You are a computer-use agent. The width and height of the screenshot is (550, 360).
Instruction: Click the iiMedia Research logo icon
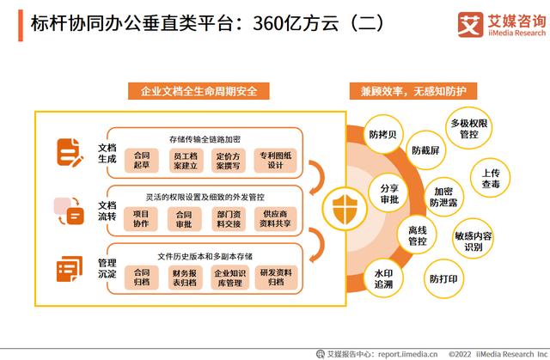[x=470, y=25]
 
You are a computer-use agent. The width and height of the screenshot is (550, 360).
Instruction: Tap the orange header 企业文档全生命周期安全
[x=199, y=91]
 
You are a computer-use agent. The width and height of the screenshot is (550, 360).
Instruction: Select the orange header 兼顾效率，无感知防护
[x=413, y=91]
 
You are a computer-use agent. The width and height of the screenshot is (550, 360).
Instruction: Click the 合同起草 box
[x=142, y=160]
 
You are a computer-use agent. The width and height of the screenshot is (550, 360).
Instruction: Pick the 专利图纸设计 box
[x=275, y=160]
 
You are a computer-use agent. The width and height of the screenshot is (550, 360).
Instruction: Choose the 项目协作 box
[x=141, y=219]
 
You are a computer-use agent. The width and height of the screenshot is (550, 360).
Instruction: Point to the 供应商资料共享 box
[x=275, y=219]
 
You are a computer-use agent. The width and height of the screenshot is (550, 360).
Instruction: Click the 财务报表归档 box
[x=185, y=278]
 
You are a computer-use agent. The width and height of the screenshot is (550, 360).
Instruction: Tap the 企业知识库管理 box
[x=229, y=278]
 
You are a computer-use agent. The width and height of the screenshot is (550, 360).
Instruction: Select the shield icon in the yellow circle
[x=345, y=210]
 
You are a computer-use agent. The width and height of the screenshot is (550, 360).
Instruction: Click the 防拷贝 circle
[x=383, y=134]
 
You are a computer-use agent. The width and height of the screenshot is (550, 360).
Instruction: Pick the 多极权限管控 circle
[x=469, y=129]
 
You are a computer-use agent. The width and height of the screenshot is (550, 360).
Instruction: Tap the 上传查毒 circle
[x=491, y=178]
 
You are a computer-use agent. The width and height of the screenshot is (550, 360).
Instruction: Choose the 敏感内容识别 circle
[x=474, y=241]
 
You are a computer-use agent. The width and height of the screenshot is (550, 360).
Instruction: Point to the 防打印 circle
[x=443, y=278]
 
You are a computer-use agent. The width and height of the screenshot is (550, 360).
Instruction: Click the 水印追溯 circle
[x=383, y=278]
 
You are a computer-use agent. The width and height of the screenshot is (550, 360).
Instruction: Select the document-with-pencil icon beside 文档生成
[x=70, y=152]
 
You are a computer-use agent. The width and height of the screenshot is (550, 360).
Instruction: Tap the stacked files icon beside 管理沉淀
[x=70, y=269]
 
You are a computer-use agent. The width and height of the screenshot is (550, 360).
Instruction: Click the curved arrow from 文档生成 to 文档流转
[x=319, y=177]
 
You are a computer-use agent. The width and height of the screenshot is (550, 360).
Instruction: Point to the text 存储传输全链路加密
[x=205, y=139]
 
